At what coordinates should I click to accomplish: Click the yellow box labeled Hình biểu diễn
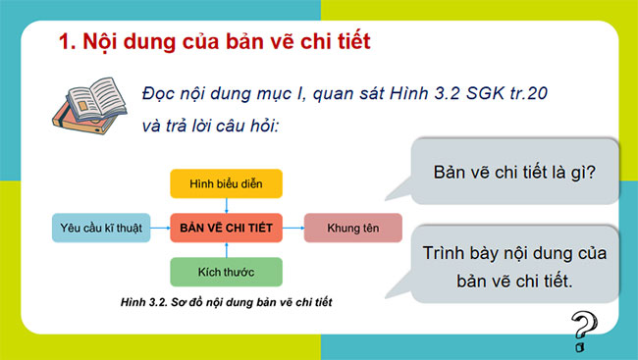click(227, 183)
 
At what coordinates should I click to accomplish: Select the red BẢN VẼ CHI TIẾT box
click(227, 228)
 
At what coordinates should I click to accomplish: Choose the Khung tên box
click(352, 228)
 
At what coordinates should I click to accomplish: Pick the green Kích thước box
click(227, 271)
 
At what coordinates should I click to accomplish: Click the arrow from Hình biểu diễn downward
click(227, 204)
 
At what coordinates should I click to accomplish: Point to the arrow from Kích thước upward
click(227, 250)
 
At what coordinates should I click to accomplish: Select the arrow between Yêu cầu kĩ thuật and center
click(157, 228)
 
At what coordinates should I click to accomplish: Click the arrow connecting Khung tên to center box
click(292, 228)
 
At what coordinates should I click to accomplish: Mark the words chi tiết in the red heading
click(333, 42)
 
